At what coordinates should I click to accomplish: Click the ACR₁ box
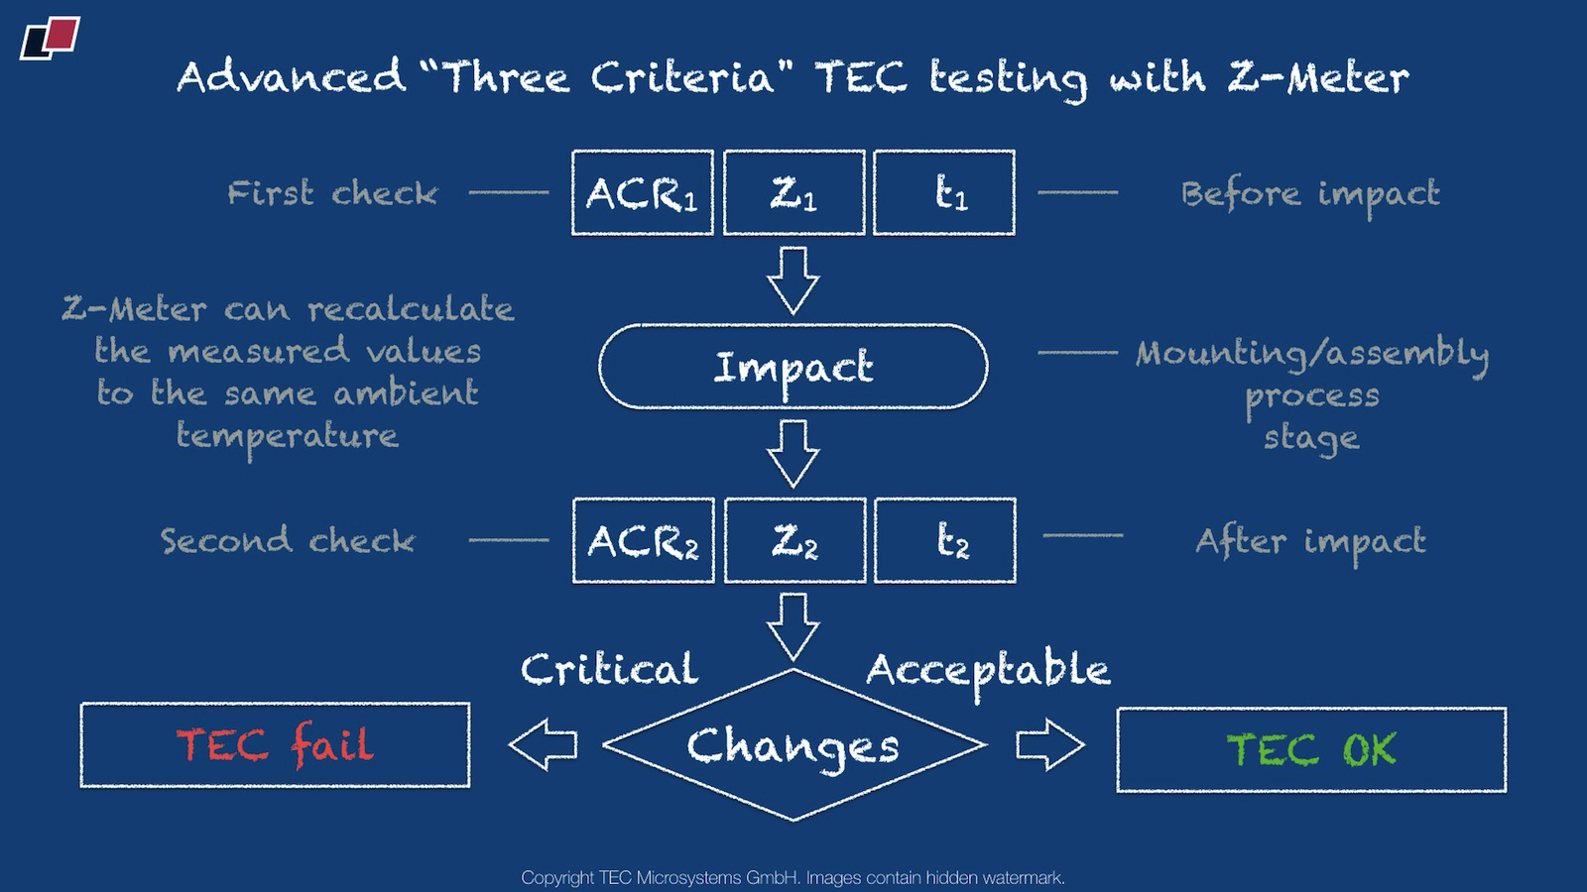tap(642, 193)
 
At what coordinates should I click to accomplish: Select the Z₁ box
tap(793, 193)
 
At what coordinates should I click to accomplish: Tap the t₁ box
tap(944, 193)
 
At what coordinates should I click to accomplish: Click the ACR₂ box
tap(643, 540)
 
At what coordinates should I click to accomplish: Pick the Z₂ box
tap(794, 540)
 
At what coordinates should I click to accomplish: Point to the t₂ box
tap(945, 540)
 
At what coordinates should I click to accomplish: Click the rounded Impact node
tap(793, 367)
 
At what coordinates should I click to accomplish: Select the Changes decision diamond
tap(793, 745)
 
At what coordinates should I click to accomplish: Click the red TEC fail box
tap(275, 745)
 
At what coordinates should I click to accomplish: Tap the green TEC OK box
tap(1311, 750)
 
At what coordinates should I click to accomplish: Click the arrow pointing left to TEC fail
tap(543, 744)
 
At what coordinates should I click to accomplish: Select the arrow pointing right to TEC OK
tap(1049, 744)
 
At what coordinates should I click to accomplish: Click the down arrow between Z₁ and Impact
tap(793, 280)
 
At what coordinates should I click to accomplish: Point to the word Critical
tap(609, 670)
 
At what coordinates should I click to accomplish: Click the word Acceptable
tap(988, 672)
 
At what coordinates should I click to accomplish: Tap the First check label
tap(332, 193)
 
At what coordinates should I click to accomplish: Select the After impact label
tap(1310, 542)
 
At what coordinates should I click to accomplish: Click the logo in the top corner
tap(50, 38)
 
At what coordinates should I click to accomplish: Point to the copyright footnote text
tap(793, 877)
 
